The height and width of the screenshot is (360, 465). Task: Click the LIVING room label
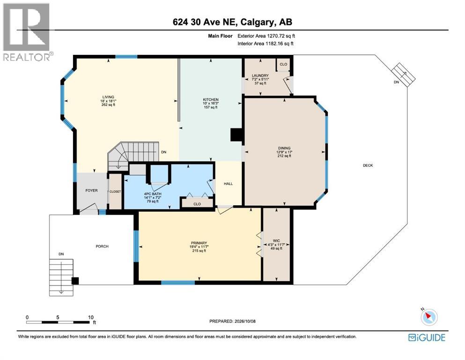click(x=108, y=97)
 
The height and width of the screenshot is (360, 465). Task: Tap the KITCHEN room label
click(x=211, y=100)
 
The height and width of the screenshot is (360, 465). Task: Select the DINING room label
click(x=284, y=148)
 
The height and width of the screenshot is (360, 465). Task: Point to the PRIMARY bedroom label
click(x=199, y=243)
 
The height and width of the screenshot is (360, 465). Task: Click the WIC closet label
click(x=276, y=241)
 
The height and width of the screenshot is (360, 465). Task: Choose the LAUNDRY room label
click(x=260, y=75)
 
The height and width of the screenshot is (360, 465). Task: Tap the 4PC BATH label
click(x=153, y=194)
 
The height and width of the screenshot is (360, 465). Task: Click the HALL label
click(x=228, y=184)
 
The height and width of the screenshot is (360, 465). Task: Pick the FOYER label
click(x=91, y=190)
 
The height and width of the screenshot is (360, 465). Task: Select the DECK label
click(x=368, y=165)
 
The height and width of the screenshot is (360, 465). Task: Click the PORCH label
click(x=102, y=247)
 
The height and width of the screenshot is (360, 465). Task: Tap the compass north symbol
click(x=429, y=317)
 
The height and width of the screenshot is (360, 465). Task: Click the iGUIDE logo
click(x=427, y=337)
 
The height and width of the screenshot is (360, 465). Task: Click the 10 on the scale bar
click(x=91, y=317)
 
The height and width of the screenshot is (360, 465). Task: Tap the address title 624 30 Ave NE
click(x=204, y=22)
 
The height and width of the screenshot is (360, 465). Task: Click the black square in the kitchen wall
click(x=236, y=135)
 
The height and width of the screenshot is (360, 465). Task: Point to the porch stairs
click(x=61, y=277)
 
